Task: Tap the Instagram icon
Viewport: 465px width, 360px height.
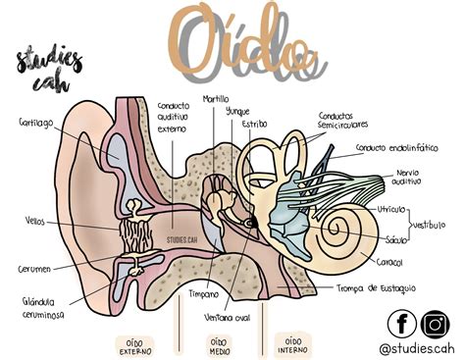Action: pyautogui.click(x=435, y=323)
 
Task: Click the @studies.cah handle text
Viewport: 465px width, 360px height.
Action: pyautogui.click(x=416, y=347)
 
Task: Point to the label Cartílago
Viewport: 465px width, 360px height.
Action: pyautogui.click(x=35, y=123)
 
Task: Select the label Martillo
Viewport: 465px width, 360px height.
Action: pyautogui.click(x=216, y=99)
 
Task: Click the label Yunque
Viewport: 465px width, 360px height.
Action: pyautogui.click(x=238, y=112)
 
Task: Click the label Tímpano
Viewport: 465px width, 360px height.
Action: pyautogui.click(x=204, y=292)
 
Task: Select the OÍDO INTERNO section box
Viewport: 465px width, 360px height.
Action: pyautogui.click(x=289, y=342)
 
